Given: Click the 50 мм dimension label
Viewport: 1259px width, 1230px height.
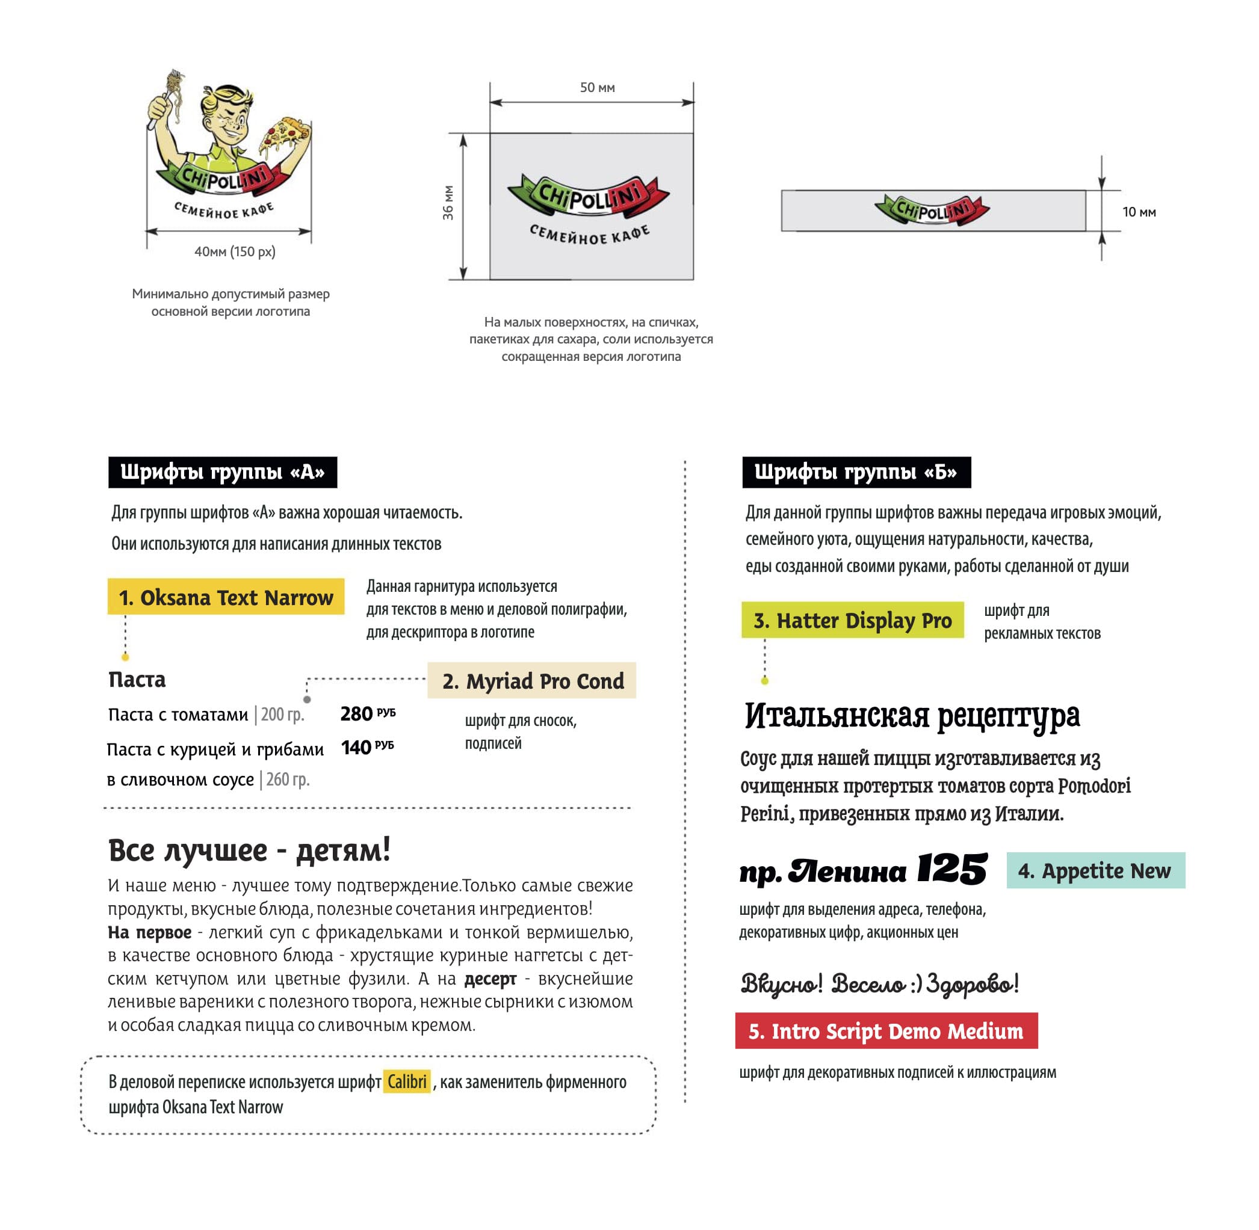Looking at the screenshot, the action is [x=597, y=88].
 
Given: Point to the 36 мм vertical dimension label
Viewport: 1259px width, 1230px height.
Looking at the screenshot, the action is [x=448, y=203].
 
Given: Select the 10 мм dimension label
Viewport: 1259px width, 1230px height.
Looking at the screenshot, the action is [x=1139, y=212].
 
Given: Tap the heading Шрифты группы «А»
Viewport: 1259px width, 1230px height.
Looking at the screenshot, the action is [x=222, y=472].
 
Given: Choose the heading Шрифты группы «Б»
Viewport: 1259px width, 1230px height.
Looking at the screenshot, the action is [x=856, y=472].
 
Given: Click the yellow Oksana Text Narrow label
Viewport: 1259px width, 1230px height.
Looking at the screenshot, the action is [x=226, y=597].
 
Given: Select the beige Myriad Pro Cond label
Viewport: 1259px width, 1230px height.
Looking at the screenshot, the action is [x=532, y=680].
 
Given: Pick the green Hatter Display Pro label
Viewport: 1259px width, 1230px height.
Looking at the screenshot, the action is [x=853, y=620].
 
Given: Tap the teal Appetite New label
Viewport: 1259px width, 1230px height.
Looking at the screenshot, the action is [x=1095, y=870].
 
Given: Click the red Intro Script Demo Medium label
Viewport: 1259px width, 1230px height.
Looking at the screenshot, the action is [x=886, y=1031].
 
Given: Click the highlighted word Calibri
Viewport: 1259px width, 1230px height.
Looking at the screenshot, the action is [x=407, y=1081].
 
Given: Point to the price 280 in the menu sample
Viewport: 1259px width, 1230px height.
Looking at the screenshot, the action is [x=357, y=714].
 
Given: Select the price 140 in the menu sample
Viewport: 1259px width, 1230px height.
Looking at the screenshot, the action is [x=356, y=748].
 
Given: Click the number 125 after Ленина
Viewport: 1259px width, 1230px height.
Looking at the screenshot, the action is [x=952, y=870].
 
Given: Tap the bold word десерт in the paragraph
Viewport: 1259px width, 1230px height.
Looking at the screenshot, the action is [x=490, y=979].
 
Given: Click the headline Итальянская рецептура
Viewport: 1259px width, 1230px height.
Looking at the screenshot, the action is [x=912, y=716].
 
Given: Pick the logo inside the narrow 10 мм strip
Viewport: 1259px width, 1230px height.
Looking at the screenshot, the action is [x=932, y=211].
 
